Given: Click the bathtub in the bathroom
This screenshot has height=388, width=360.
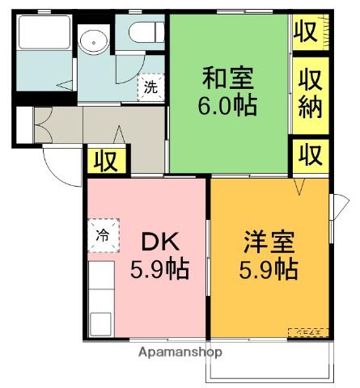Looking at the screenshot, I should pos(45,34).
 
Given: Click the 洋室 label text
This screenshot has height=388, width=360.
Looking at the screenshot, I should pos(269,242).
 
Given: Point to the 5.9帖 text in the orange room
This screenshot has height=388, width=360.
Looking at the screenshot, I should pos(269,268).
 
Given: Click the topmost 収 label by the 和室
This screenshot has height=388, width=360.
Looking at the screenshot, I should pos(305,32).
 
